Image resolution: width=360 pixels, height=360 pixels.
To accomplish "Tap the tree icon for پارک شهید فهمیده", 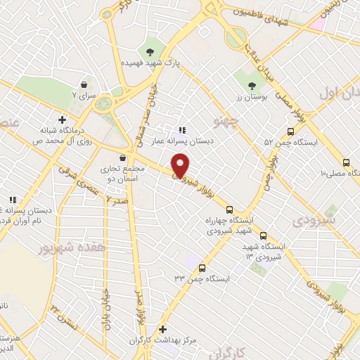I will point(149,51).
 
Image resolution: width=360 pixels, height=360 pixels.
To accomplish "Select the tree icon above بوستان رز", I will point(251,86).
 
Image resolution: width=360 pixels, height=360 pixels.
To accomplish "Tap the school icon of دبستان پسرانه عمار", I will point(181,129).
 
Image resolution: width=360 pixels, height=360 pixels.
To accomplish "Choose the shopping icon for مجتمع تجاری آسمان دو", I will point(124,157).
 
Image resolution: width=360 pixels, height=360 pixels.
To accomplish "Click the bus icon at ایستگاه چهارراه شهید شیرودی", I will point(229,209).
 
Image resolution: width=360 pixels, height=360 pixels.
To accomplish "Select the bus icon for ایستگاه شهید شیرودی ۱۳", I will point(264,236).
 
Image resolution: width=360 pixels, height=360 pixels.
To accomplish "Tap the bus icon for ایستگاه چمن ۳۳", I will point(202,268).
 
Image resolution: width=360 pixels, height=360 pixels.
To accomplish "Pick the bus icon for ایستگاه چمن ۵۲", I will point(290,131).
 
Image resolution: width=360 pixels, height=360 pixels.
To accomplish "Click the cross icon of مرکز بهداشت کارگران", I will point(163,328).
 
